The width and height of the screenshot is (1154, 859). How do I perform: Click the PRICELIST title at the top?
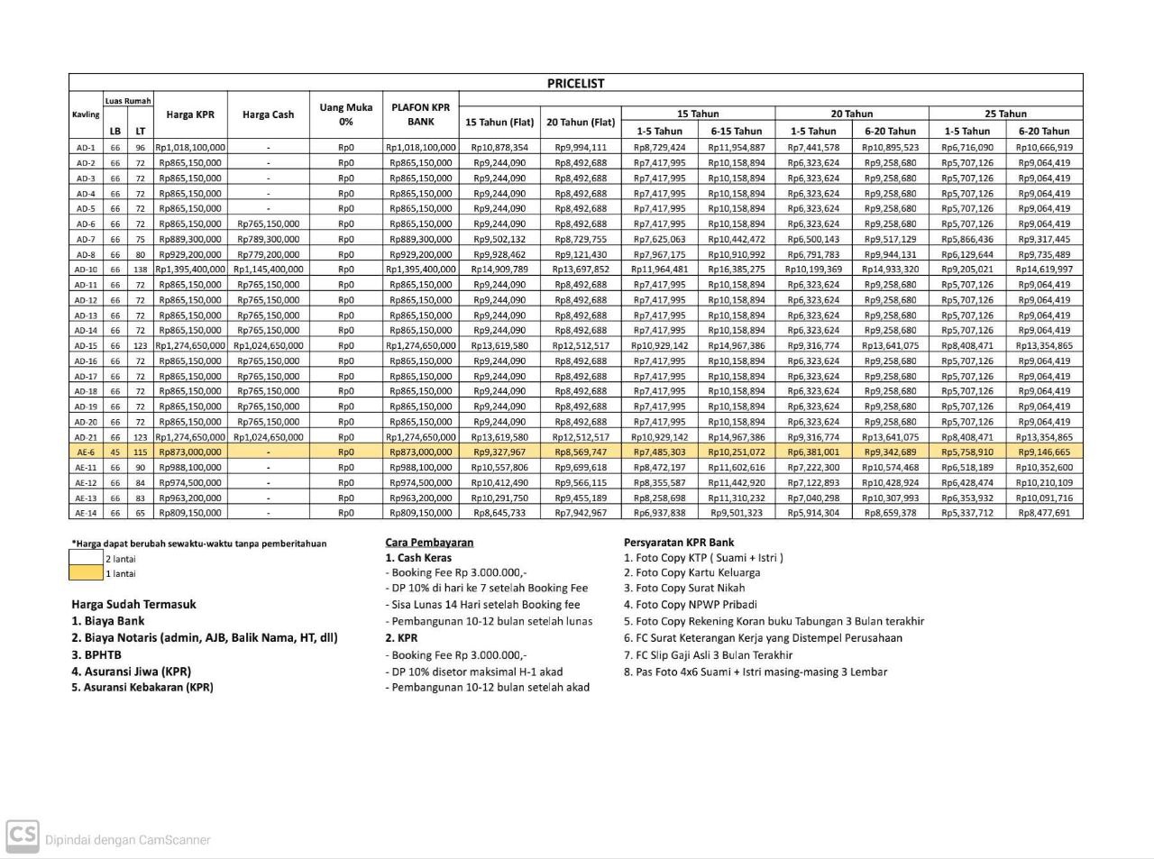point(575,83)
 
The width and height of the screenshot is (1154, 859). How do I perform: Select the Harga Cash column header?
point(268,114)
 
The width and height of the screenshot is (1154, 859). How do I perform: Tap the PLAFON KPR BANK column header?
point(420,114)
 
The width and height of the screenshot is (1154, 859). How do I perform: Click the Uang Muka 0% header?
point(345,114)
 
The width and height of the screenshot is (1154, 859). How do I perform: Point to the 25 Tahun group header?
point(1005,114)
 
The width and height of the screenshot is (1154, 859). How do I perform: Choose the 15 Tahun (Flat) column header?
point(499,122)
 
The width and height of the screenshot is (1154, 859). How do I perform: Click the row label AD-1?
point(86,148)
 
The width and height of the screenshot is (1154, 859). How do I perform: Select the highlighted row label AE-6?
point(86,452)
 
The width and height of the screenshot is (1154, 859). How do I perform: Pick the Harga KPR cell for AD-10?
point(190,270)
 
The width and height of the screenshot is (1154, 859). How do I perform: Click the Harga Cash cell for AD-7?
point(268,239)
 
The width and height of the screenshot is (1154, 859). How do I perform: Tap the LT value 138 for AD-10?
point(140,270)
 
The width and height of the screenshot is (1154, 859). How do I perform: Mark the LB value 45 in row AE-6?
point(114,452)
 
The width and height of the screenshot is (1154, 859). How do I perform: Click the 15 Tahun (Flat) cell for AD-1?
point(499,148)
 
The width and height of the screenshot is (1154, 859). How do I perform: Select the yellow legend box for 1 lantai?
point(87,573)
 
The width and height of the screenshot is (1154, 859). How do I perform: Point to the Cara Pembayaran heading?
point(429,543)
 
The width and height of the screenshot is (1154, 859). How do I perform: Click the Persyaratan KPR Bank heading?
point(679,543)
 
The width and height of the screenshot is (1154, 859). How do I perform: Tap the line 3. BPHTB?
point(96,654)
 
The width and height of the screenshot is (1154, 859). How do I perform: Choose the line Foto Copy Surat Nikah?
point(684,588)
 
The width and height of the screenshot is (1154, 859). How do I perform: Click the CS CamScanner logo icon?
point(23,836)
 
